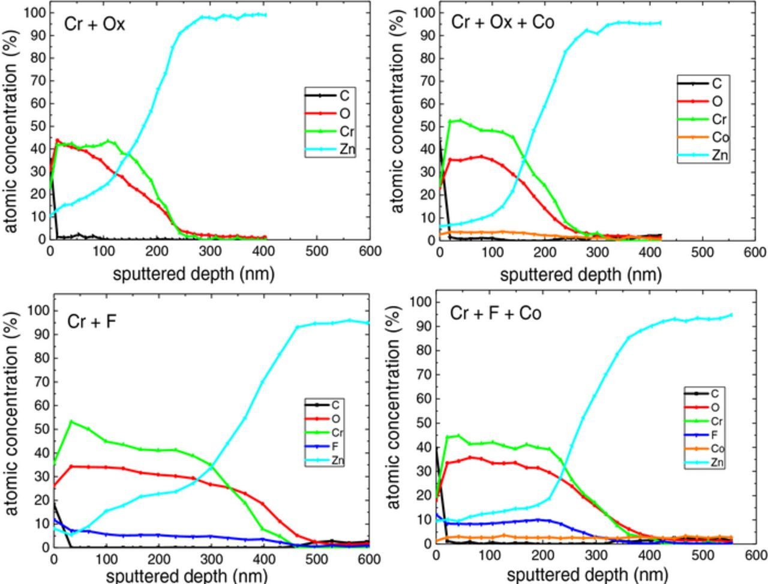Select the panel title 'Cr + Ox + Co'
pos(502,22)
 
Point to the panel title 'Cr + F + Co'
pos(496,313)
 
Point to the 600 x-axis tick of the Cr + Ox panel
pos(370,251)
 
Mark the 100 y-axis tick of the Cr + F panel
pos(38,311)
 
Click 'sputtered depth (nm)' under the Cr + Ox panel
pos(193,274)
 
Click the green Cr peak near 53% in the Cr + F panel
pos(71,421)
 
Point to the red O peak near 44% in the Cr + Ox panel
pos(58,140)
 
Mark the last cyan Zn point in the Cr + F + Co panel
pos(731,315)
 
